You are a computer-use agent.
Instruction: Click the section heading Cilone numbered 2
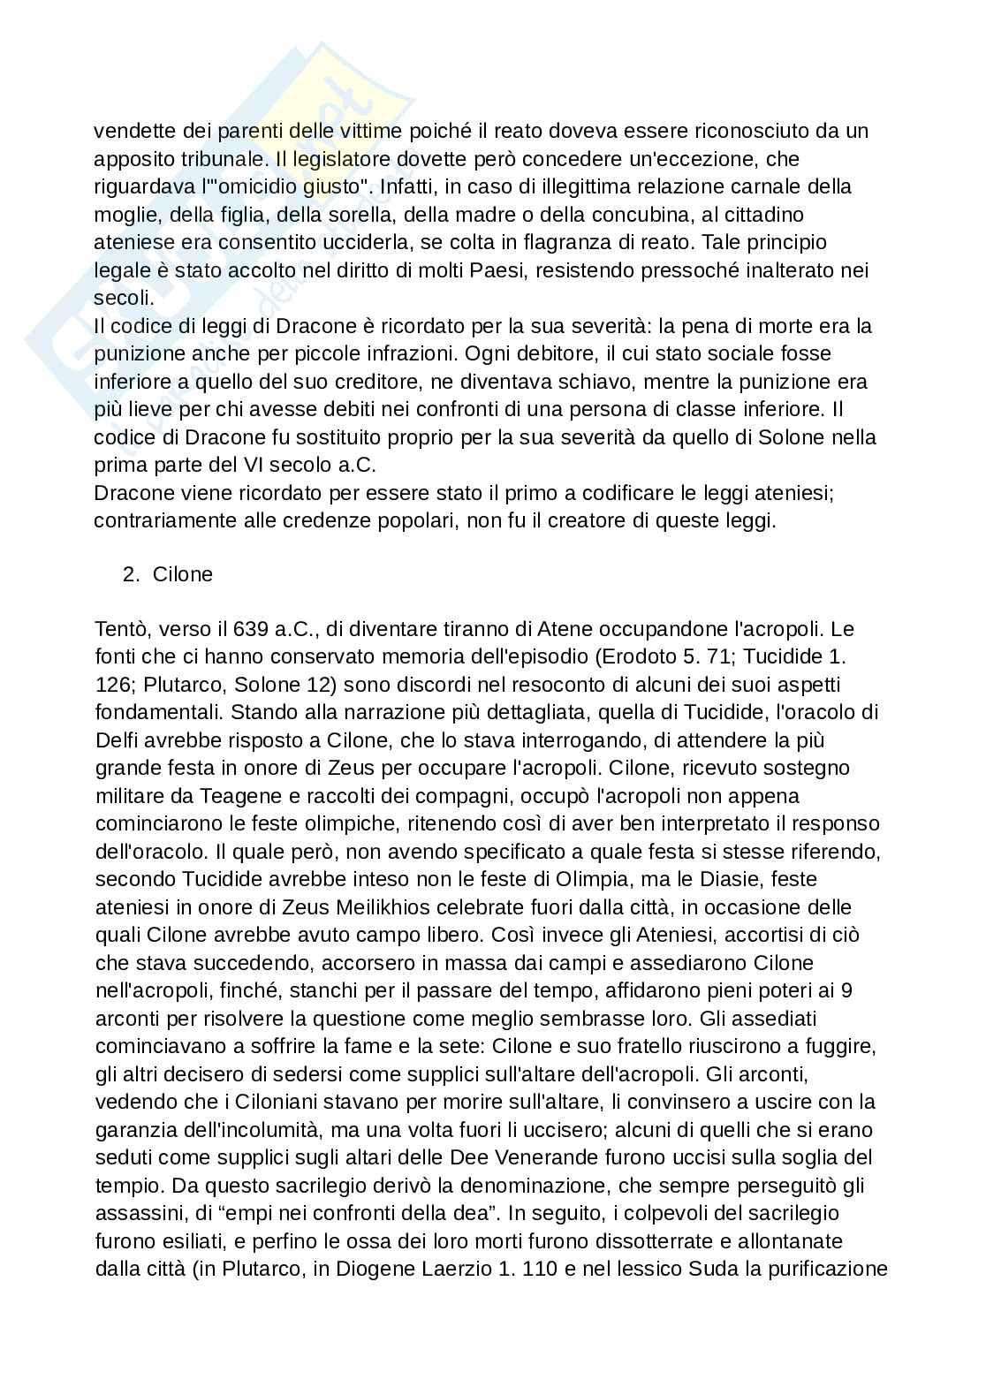(x=183, y=574)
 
